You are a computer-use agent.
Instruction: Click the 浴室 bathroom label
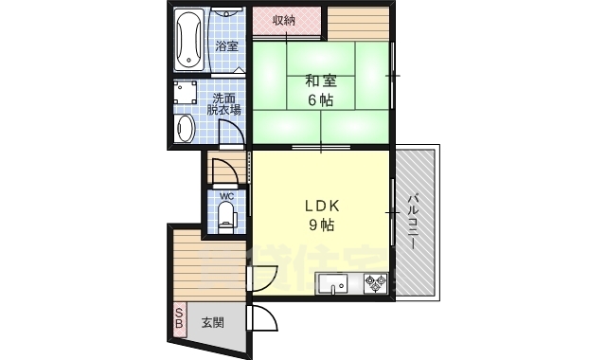click(x=226, y=45)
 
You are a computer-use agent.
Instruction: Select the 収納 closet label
click(x=284, y=20)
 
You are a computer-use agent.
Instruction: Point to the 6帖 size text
click(x=318, y=101)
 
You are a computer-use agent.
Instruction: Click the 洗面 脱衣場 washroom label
click(x=224, y=104)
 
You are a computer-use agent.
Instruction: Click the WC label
click(x=226, y=197)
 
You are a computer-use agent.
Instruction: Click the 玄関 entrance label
click(x=213, y=322)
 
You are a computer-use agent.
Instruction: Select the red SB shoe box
click(x=178, y=317)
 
